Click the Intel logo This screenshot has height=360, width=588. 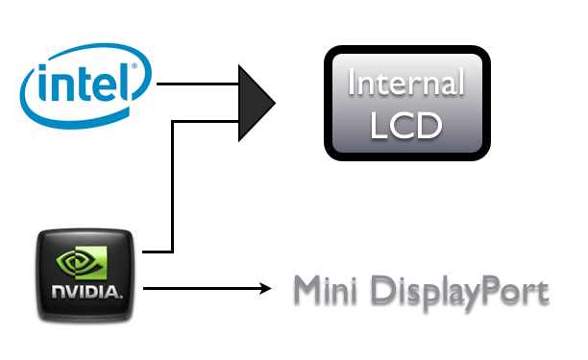[x=86, y=85]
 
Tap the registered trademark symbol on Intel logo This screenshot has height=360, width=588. [x=135, y=66]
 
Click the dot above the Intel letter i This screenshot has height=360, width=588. [x=42, y=68]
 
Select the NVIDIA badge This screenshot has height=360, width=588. [x=86, y=276]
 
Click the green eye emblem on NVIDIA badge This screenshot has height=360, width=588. [x=82, y=262]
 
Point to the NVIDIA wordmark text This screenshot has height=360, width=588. [x=87, y=293]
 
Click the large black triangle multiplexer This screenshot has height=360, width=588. [x=257, y=103]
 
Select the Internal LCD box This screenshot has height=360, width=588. [x=407, y=103]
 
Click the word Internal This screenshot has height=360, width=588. [x=406, y=82]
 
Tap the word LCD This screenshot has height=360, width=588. [x=406, y=126]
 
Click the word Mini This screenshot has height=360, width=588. [x=325, y=290]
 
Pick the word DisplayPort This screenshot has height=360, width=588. [x=460, y=293]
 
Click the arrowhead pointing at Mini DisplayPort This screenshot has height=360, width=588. [x=265, y=288]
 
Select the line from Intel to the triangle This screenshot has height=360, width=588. [x=198, y=84]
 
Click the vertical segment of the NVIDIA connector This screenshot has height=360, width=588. [x=172, y=186]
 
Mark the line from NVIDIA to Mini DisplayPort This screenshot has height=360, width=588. [x=207, y=288]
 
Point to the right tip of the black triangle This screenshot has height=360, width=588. [x=276, y=103]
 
